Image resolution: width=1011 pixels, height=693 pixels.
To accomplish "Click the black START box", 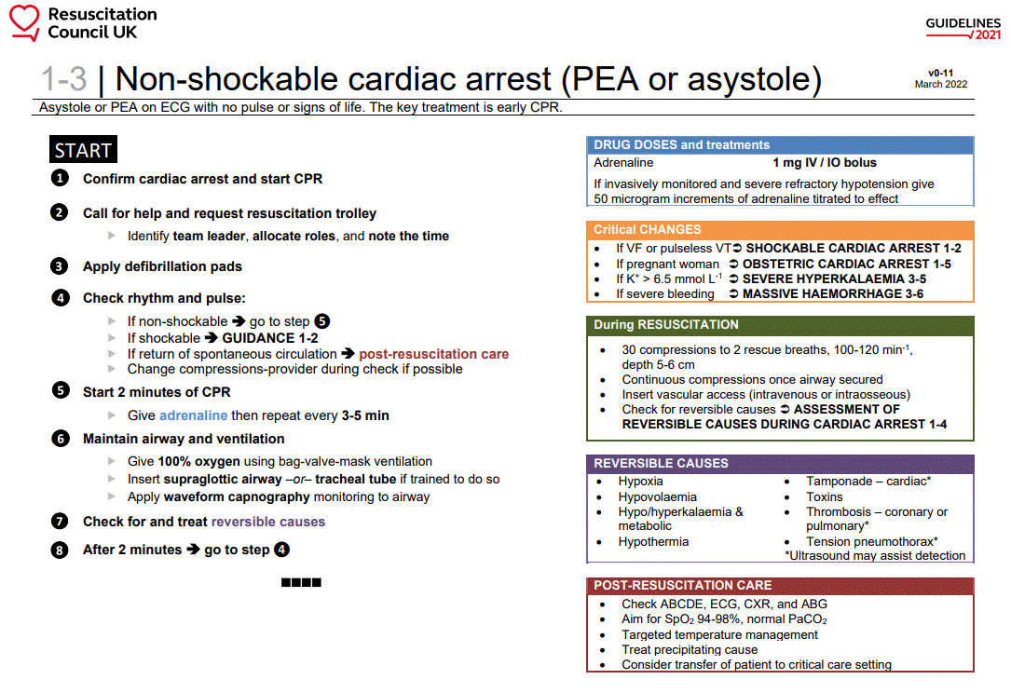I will (83, 150).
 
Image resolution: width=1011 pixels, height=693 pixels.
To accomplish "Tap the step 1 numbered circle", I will (60, 178).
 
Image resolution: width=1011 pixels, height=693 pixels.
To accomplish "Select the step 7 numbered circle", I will (60, 522).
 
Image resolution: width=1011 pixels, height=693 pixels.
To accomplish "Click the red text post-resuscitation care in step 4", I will (434, 354).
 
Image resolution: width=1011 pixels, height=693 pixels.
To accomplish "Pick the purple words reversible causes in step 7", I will (268, 522).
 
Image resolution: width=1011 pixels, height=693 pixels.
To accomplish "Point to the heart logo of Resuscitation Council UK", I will (24, 20).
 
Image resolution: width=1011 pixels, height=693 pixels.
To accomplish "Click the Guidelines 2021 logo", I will (963, 28).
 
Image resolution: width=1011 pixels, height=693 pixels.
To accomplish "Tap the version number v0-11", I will (940, 72).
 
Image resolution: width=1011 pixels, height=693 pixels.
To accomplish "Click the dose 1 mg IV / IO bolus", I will (824, 162).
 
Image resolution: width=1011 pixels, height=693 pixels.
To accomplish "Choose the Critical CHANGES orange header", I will (648, 230).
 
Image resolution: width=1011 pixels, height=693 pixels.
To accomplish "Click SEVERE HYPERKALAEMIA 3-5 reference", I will (834, 279).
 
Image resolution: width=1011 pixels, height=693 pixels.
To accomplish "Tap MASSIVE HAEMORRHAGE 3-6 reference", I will (832, 294).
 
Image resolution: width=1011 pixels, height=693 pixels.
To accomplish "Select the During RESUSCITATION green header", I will (666, 325).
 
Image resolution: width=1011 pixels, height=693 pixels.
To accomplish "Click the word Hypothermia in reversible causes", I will (653, 542).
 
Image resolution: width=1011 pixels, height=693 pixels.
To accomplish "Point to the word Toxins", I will (825, 497).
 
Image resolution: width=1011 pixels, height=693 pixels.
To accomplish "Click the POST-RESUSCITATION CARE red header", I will (683, 586).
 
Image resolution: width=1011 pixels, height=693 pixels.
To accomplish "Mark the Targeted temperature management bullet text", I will (719, 635).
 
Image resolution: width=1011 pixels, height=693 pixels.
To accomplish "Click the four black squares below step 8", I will (301, 583).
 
